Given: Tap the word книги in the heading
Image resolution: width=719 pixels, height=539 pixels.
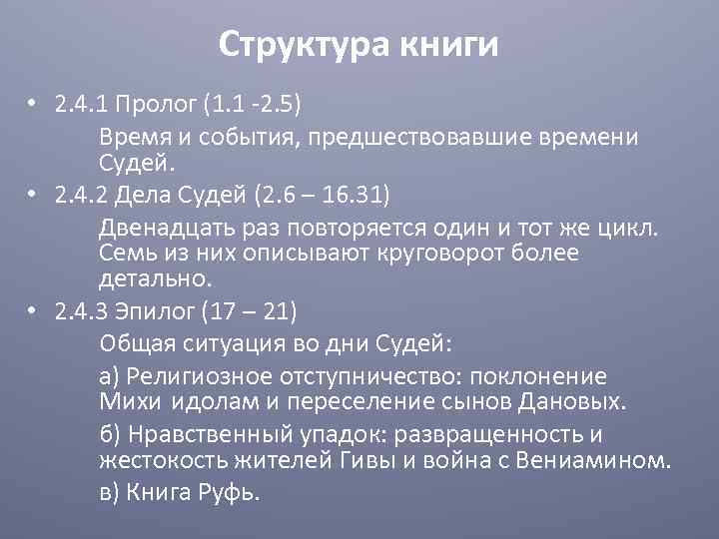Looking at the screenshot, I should click(x=447, y=44).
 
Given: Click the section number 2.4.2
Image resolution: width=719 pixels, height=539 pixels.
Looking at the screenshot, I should click(x=86, y=194).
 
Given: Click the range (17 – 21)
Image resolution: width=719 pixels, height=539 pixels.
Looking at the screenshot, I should click(x=249, y=311).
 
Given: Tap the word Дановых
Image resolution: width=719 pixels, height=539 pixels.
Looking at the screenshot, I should click(x=582, y=402).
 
